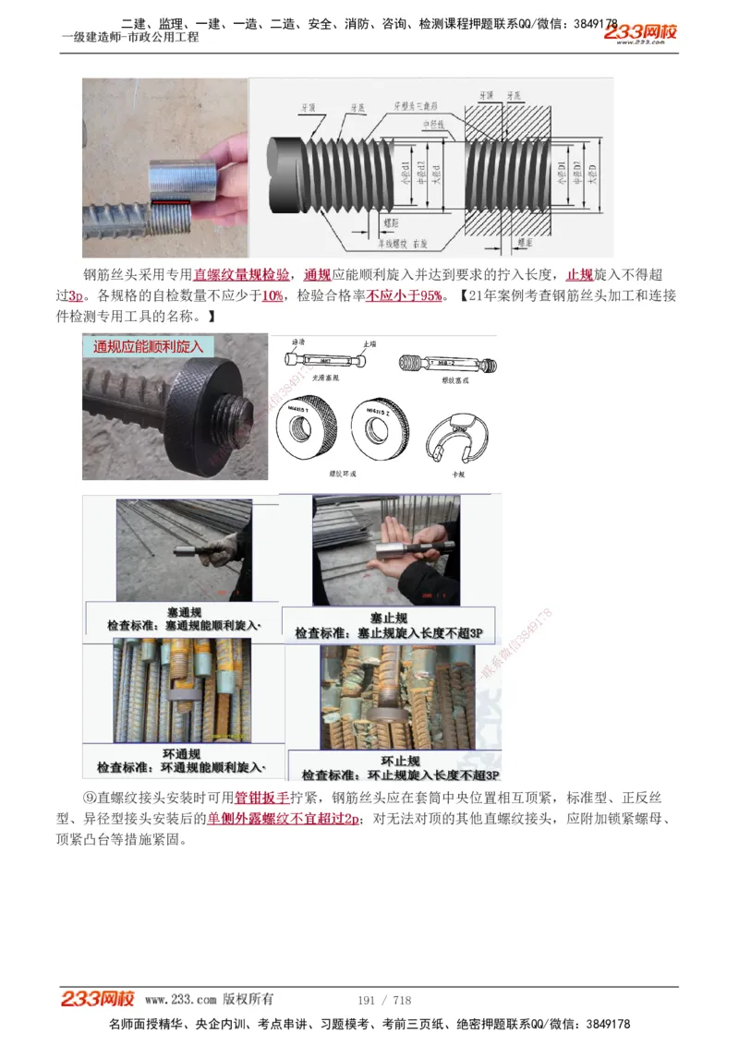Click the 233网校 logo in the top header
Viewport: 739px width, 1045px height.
(x=641, y=33)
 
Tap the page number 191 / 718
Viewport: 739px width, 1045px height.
(x=383, y=1000)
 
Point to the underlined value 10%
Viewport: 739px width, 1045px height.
(x=273, y=295)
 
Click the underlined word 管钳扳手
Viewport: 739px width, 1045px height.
(x=262, y=798)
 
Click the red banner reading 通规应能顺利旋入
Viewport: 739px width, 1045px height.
(x=149, y=347)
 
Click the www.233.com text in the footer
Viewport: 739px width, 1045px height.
(x=180, y=999)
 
